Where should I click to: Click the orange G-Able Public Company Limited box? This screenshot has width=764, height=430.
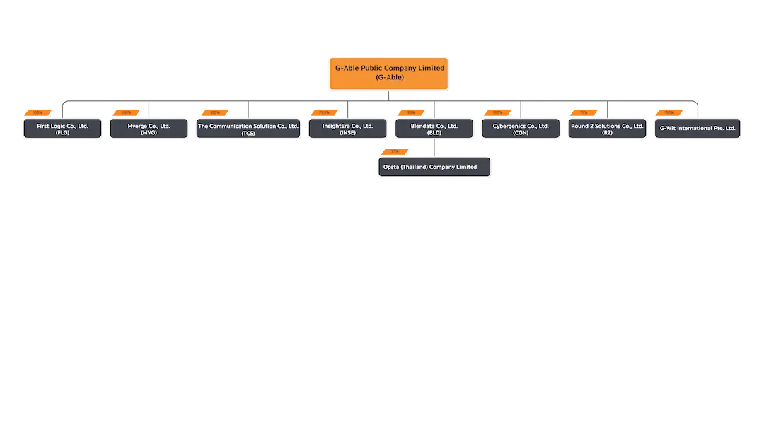pyautogui.click(x=389, y=73)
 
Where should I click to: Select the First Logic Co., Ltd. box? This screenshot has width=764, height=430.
pyautogui.click(x=62, y=129)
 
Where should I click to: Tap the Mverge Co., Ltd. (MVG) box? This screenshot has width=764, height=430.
pyautogui.click(x=149, y=129)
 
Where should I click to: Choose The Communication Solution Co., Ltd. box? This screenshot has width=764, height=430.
pyautogui.click(x=248, y=129)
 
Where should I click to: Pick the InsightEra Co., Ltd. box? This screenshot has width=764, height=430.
pyautogui.click(x=347, y=129)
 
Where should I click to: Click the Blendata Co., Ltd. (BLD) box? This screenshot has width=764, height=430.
pyautogui.click(x=434, y=129)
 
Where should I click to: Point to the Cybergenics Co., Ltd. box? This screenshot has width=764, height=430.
pyautogui.click(x=521, y=129)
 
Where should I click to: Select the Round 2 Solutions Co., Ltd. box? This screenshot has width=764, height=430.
pyautogui.click(x=607, y=129)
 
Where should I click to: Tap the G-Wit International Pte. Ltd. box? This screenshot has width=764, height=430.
pyautogui.click(x=698, y=129)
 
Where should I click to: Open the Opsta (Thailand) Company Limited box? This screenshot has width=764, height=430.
pyautogui.click(x=434, y=167)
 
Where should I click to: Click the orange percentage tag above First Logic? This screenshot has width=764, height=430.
pyautogui.click(x=38, y=112)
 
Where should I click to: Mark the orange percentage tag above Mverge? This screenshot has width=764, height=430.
pyautogui.click(x=126, y=112)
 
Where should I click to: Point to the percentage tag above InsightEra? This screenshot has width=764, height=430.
pyautogui.click(x=324, y=112)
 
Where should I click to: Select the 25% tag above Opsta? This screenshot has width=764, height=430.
pyautogui.click(x=395, y=151)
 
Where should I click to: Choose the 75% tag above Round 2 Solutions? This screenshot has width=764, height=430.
pyautogui.click(x=584, y=112)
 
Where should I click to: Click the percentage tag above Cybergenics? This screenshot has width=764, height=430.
pyautogui.click(x=497, y=112)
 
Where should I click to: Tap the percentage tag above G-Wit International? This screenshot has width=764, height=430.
pyautogui.click(x=668, y=112)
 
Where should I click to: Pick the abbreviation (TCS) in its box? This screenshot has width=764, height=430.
pyautogui.click(x=248, y=133)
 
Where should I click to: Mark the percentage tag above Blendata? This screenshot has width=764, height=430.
pyautogui.click(x=411, y=112)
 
